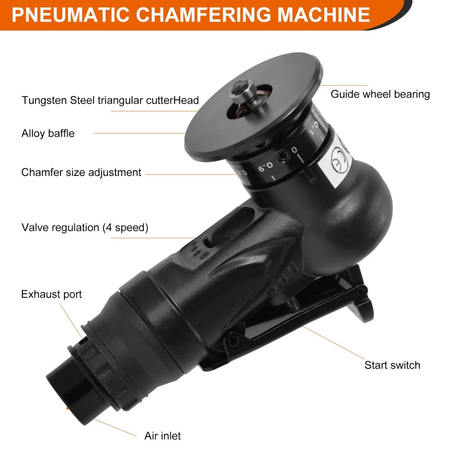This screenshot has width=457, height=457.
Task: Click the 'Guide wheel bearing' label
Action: tap(380, 94)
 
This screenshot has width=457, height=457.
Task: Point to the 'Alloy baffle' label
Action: tap(48, 134)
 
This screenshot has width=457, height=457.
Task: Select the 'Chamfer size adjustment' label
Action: tap(81, 172)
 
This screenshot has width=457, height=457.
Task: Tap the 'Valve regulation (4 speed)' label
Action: tap(85, 227)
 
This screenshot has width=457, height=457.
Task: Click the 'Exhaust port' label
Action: tap(51, 295)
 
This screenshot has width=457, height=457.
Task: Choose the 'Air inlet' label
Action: tap(162, 436)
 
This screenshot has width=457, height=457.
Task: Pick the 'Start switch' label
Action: tap(392, 365)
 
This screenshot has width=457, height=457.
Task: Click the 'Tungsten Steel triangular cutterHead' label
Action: tap(110, 101)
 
